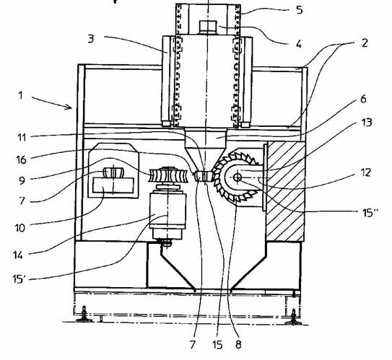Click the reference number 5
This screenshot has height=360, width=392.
[299, 10]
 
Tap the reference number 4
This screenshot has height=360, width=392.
[298, 44]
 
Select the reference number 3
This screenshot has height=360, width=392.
[91, 39]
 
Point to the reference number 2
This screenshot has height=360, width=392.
[365, 43]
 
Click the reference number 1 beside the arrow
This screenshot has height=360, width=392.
[20, 95]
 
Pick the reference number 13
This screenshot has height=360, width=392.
[367, 122]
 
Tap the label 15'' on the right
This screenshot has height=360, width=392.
[370, 213]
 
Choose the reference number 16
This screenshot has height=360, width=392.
[21, 159]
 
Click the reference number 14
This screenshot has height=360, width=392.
[18, 255]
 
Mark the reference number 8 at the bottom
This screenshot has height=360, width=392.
[238, 345]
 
